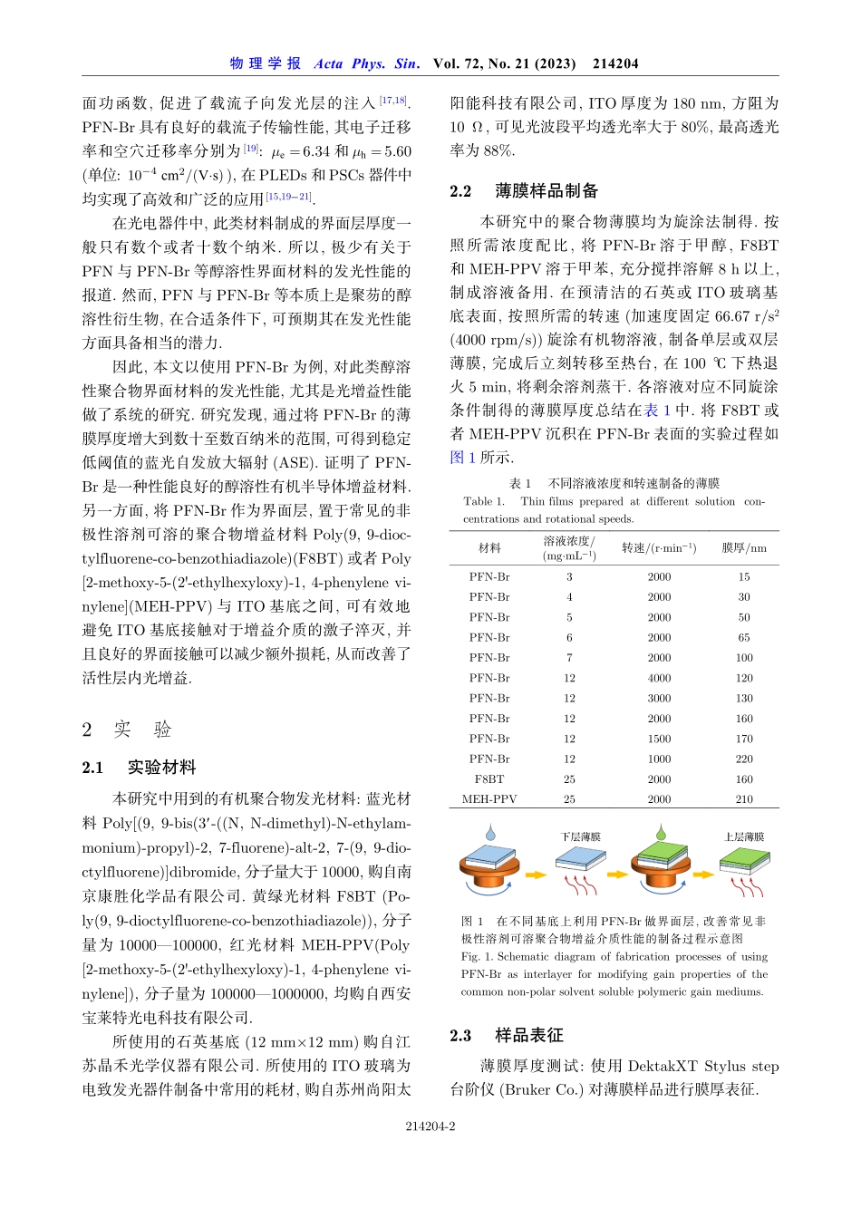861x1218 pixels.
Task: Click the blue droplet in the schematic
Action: (490, 832)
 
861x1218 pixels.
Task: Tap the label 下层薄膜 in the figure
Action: (580, 836)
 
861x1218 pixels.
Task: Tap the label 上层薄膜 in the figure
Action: (743, 836)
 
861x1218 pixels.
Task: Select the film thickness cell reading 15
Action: (743, 577)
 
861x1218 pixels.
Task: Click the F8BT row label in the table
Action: (489, 779)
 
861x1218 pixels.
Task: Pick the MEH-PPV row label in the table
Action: (489, 799)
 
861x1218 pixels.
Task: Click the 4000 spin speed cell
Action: (659, 678)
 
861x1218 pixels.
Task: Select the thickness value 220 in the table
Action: (743, 759)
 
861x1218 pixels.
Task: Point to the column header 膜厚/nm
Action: (743, 548)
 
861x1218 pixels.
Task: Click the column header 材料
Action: (489, 548)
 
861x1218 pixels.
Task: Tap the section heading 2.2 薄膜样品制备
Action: (524, 191)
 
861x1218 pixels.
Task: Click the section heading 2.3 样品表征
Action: (506, 1036)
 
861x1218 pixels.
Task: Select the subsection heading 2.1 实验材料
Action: (139, 768)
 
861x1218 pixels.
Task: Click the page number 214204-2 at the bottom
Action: (430, 1126)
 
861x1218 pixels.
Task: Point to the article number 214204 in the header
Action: (615, 63)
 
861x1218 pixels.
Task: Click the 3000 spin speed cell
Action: (659, 699)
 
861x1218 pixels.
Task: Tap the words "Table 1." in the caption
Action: (484, 501)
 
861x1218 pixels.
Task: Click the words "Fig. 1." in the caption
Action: (480, 956)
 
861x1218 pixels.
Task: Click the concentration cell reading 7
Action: (569, 658)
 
